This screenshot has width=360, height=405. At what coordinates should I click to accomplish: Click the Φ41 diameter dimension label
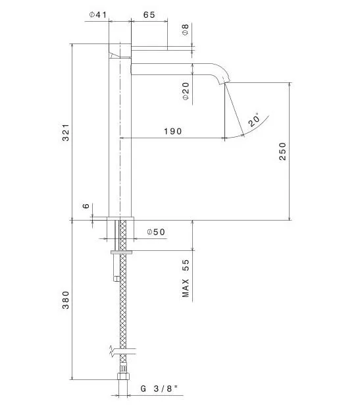coord(98,14)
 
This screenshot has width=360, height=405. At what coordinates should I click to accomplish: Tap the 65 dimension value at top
coord(149,14)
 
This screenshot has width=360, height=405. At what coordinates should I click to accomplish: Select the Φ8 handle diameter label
coord(186,30)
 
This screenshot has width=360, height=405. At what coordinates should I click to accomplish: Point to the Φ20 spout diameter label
coord(186,91)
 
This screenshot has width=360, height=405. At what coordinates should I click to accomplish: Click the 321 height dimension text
coord(66,132)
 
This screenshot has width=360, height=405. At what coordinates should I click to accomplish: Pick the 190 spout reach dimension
coord(173,131)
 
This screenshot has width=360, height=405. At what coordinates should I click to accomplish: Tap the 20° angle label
coord(254,120)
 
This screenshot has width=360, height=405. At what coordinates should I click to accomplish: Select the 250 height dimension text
coord(283,151)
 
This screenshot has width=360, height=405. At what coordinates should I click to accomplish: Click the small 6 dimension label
coord(86,206)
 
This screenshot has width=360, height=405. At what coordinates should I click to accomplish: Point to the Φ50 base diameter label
coord(156,232)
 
